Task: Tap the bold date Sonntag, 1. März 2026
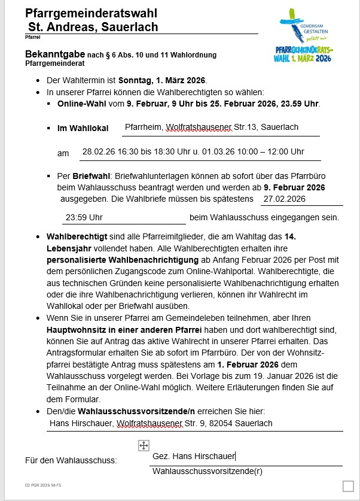click(162, 80)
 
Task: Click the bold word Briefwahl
click(89, 177)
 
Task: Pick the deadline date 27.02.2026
click(285, 199)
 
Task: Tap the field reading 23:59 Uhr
click(84, 217)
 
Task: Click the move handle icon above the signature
click(144, 445)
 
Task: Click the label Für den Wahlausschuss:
click(71, 460)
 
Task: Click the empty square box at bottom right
click(349, 486)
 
